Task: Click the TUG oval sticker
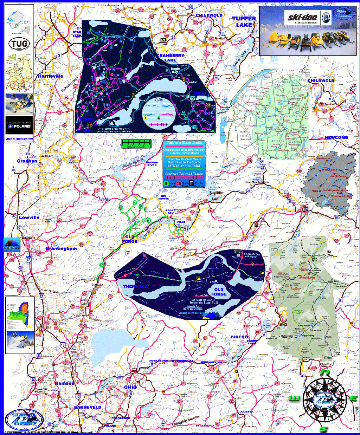19,44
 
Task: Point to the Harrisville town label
51,76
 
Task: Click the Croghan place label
27,161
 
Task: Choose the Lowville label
29,217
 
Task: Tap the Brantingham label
61,249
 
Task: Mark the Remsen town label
65,383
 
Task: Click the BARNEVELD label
88,407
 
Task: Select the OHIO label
130,387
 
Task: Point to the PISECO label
239,337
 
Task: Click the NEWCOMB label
336,137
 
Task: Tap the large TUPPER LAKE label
244,21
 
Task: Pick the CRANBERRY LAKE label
171,58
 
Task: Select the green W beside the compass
294,398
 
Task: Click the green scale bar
136,143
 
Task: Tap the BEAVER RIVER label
152,164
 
